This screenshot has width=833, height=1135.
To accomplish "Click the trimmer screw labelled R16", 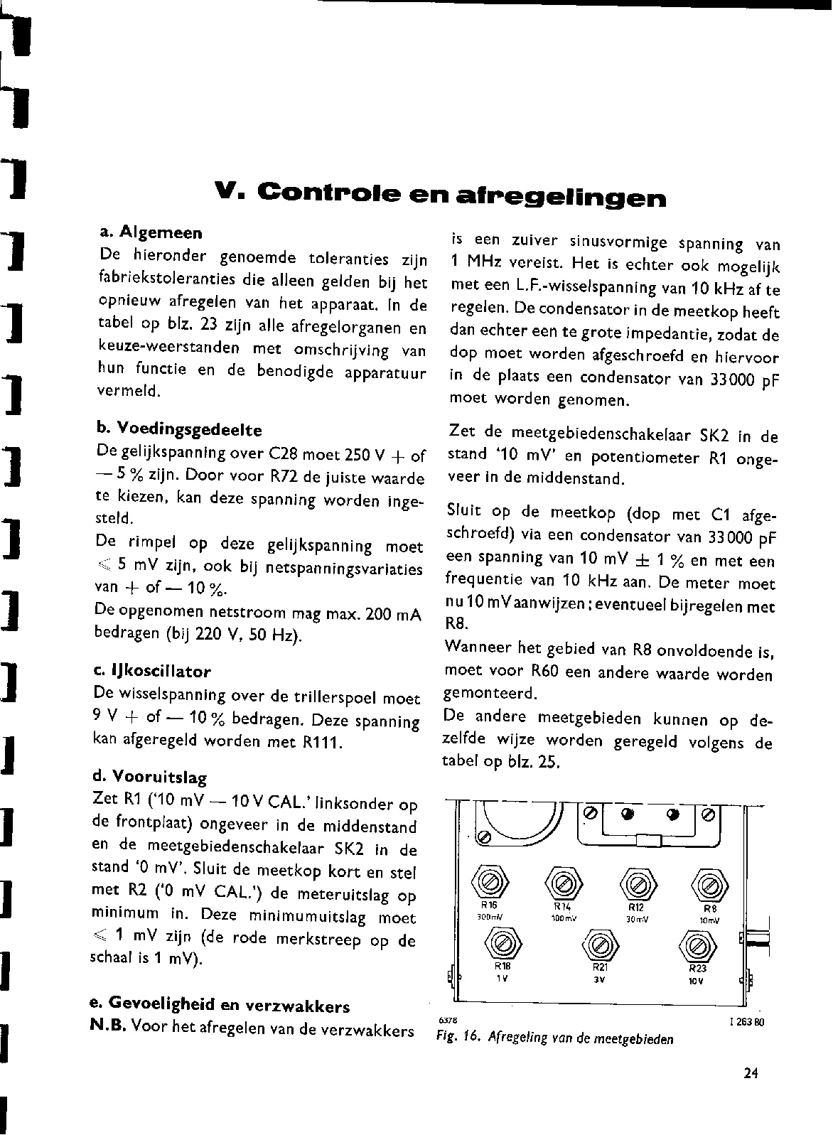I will pos(490,884).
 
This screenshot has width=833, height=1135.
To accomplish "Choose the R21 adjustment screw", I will pos(597,945).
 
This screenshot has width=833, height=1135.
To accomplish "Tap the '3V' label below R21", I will pos(598,979).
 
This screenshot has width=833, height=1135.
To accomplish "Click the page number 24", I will pos(751,1074).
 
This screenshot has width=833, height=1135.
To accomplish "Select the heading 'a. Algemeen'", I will pos(151,232).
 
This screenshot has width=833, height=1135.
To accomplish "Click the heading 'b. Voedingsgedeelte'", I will pos(178,430).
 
